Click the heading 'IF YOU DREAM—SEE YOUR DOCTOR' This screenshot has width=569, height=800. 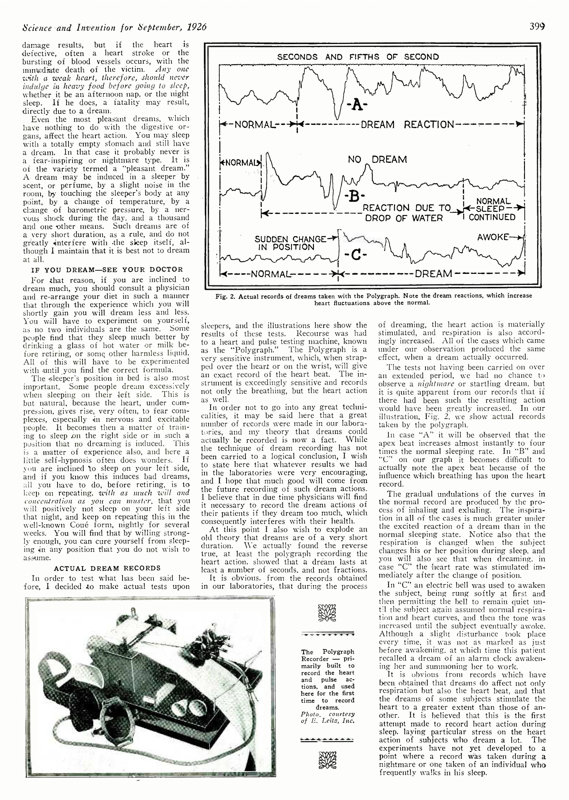pyautogui.click(x=107, y=270)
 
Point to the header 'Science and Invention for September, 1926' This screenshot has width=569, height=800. pyautogui.click(x=114, y=27)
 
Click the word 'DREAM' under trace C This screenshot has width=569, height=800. pyautogui.click(x=433, y=273)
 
